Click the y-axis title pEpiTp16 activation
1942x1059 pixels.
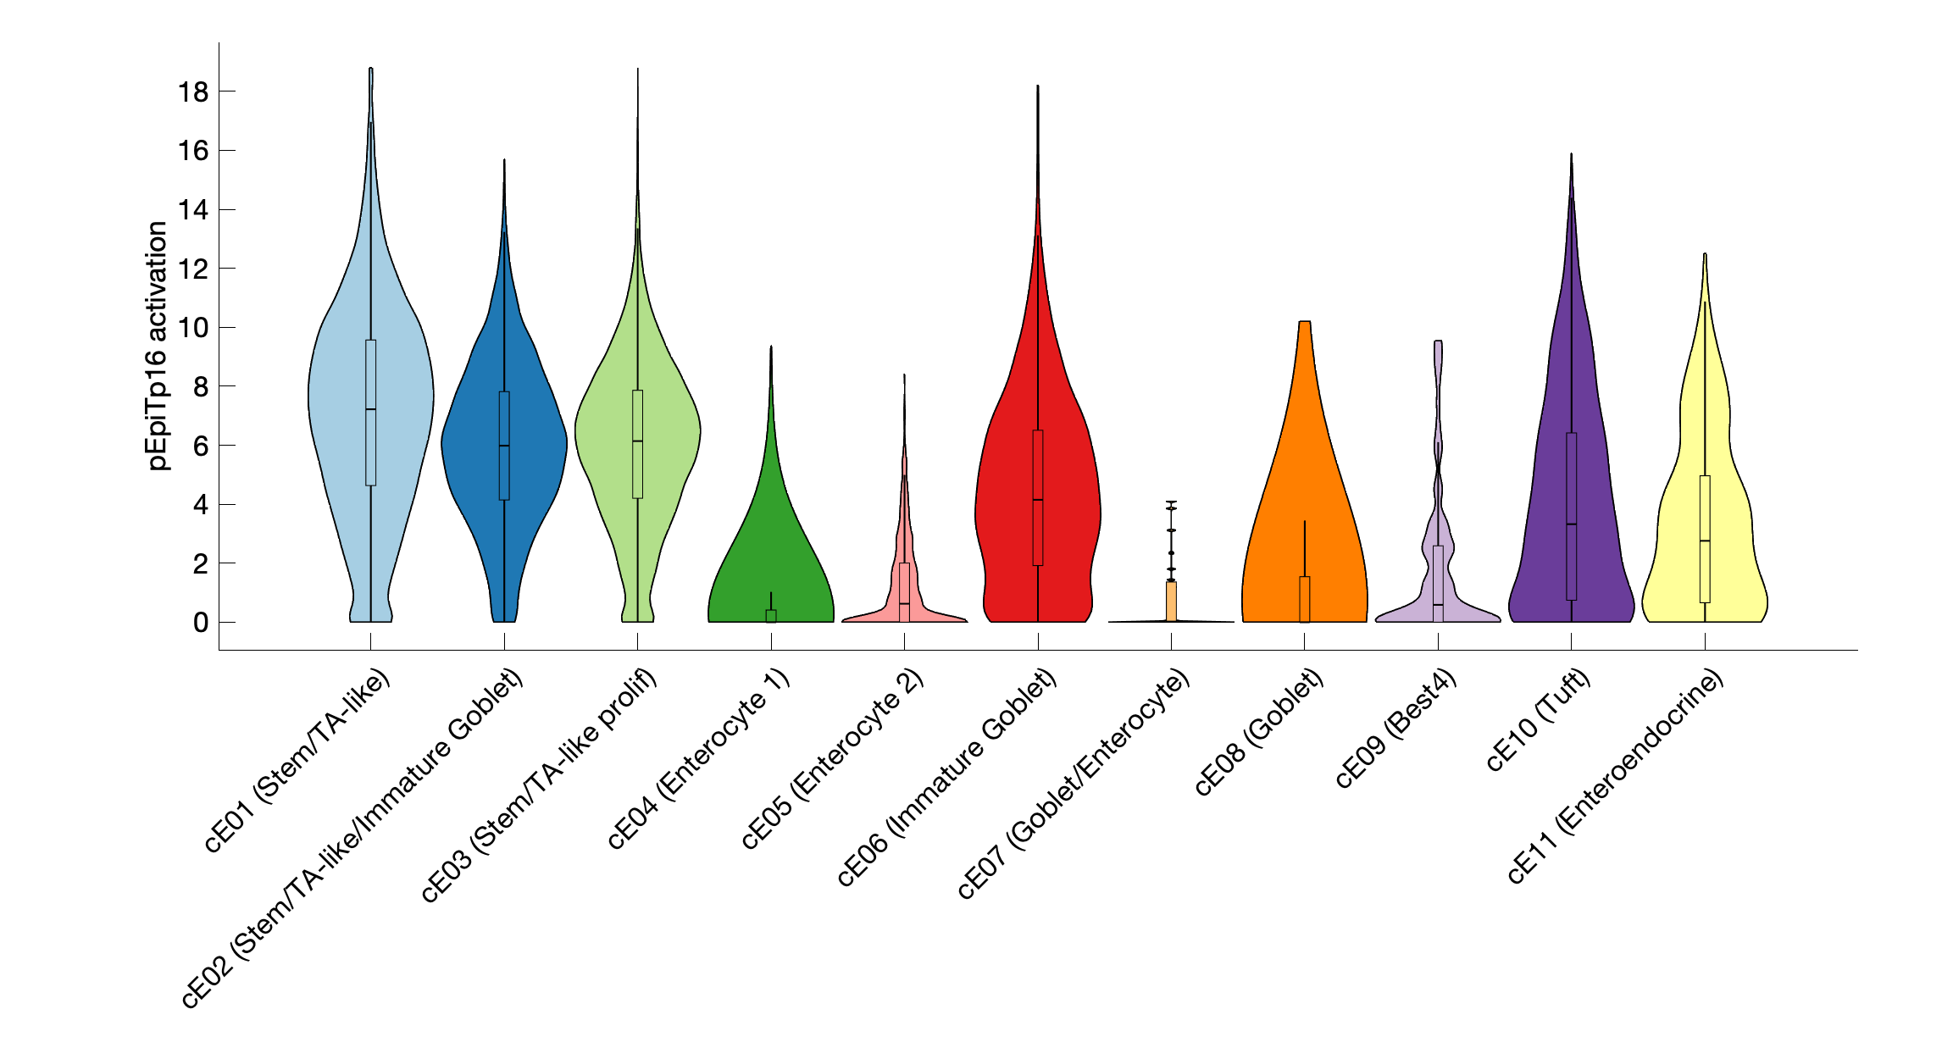(158, 346)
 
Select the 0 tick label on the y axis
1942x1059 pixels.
(201, 623)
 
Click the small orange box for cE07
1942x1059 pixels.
(1171, 602)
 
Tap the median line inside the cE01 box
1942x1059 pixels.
(370, 409)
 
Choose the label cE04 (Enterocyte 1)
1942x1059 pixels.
(698, 758)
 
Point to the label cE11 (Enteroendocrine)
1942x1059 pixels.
(1615, 776)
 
